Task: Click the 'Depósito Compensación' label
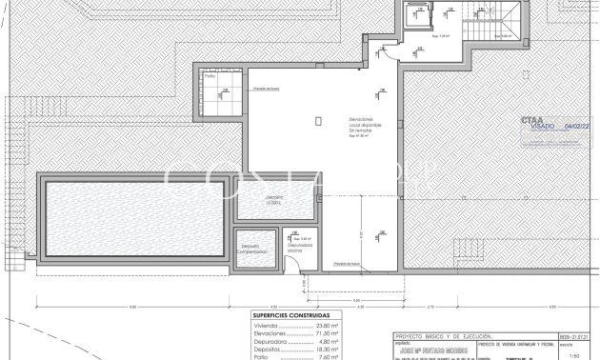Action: tap(252, 249)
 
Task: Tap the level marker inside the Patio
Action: tap(225, 92)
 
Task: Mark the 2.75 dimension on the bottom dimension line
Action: tap(430, 307)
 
